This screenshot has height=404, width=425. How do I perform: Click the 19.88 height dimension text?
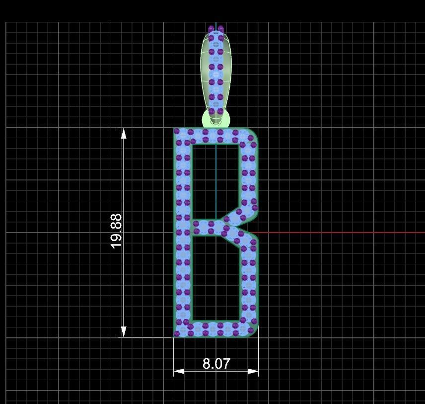pos(116,231)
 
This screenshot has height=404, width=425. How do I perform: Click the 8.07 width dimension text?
pos(216,364)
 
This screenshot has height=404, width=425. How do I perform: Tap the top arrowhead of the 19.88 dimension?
pos(124,133)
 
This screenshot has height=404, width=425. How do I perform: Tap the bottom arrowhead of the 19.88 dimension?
pos(124,332)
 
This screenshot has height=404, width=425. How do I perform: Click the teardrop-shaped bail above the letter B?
pos(216,75)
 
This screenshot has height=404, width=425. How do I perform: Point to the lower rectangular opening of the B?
pos(216,278)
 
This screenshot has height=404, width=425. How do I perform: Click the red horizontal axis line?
pos(348,232)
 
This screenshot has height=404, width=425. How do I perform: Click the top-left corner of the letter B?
pos(175,130)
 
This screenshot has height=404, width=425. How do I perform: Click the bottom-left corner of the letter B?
pos(175,335)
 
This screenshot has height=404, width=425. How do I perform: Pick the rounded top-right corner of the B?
pos(254,133)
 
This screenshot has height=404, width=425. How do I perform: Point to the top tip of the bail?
pos(216,26)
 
